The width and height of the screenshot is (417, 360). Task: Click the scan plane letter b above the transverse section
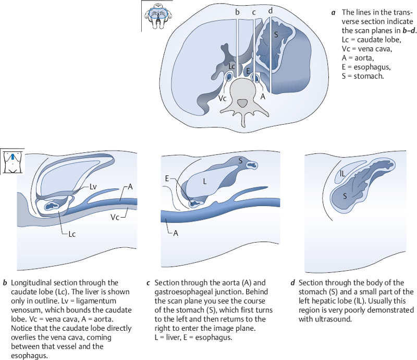coord(237,12)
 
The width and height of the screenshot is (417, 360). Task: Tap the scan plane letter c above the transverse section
coord(254,12)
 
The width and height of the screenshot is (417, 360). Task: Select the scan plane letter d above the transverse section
coord(269,11)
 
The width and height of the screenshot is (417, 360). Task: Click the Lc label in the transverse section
coord(232,66)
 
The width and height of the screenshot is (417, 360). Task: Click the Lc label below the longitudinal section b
coord(71,234)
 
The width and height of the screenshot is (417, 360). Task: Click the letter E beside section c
coord(166,178)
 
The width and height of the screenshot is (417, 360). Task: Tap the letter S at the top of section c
coord(240,161)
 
